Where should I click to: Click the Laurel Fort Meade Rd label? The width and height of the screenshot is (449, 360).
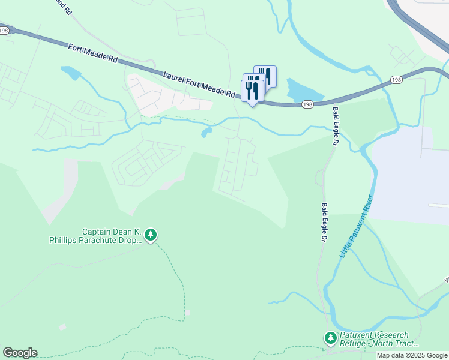[x=199, y=83]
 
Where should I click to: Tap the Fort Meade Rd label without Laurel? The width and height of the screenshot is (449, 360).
[x=93, y=53]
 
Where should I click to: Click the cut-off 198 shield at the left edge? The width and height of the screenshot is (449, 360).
[x=3, y=30]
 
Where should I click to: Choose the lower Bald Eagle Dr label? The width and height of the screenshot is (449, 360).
[x=324, y=222]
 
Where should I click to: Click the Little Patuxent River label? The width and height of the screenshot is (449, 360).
[x=356, y=227]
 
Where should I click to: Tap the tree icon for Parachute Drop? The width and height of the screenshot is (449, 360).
[x=151, y=235]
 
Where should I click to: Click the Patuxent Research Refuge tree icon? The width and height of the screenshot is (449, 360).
[x=330, y=338]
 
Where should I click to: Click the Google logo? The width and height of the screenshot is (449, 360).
[x=20, y=353]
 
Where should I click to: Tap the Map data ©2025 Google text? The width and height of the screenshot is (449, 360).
[x=411, y=355]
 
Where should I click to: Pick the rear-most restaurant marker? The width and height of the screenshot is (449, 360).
[x=266, y=76]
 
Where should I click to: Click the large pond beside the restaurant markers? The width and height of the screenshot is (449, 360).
[x=303, y=91]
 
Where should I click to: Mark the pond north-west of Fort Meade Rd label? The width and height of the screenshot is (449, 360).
[x=71, y=73]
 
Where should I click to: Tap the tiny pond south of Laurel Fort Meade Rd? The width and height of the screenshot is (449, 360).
[x=207, y=132]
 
